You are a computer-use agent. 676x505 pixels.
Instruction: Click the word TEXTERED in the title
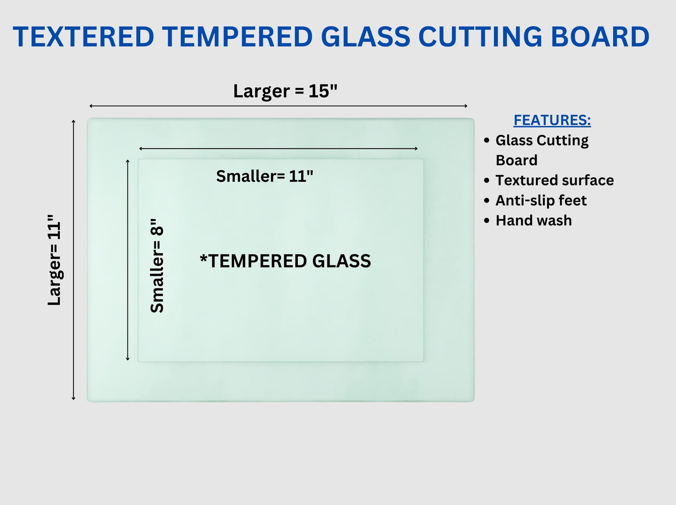coord(84,37)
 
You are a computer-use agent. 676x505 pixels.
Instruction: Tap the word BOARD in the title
coord(600,37)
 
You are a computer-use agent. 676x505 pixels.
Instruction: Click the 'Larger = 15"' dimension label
coord(285,91)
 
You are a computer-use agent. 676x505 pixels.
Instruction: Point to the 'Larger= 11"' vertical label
coord(55,260)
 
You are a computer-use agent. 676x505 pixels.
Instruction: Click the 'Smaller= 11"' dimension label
coord(265,176)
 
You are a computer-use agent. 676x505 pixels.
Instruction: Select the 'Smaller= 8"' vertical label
coord(157,266)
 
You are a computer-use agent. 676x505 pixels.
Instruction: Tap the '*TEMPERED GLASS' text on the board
coord(285,261)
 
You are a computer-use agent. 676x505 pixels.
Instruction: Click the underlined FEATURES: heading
coord(552,120)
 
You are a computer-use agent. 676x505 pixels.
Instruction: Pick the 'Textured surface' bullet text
coord(555,180)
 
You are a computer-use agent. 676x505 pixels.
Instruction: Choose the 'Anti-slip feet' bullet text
coord(541,200)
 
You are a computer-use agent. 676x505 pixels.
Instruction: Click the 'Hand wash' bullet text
coord(534,221)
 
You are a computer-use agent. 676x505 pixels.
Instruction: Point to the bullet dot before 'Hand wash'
coord(487,221)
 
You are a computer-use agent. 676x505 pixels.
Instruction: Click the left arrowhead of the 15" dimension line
coord(90,106)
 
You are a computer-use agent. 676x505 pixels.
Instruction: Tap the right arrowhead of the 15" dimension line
coord(467,106)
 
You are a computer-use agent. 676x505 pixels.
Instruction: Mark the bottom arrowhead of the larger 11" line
coord(73,399)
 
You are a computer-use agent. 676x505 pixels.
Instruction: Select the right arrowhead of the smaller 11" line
coord(417,149)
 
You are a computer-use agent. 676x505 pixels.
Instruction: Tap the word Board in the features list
coord(517,160)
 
